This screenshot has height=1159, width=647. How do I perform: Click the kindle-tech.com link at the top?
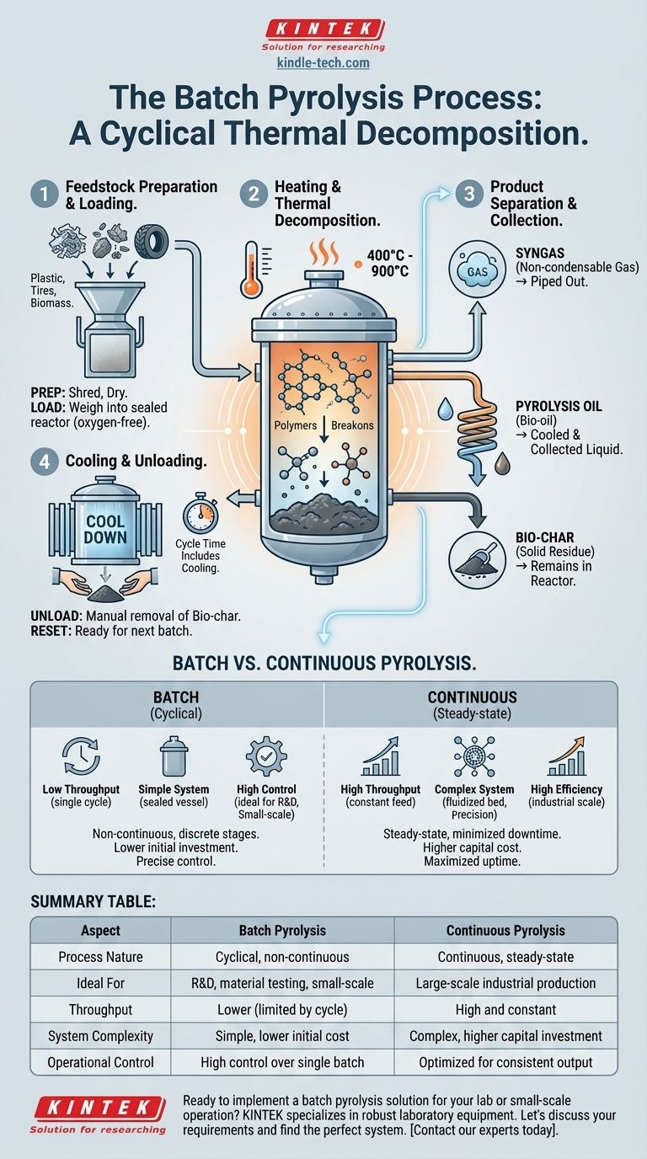pos(323,63)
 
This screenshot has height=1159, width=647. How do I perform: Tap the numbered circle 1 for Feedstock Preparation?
pos(45,194)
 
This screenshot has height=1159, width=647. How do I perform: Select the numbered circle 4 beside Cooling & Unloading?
pos(45,461)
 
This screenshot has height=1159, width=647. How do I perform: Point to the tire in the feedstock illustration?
pos(152,241)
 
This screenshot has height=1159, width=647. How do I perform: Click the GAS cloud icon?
pos(477,271)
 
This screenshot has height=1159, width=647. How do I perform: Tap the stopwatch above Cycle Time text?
pos(201,515)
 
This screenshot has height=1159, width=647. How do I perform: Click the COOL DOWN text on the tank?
pos(105,529)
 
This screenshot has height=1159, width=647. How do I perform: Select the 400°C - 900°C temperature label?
pos(390,264)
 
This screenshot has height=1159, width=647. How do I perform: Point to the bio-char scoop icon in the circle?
pos(477,559)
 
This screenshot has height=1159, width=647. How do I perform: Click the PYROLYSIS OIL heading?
pos(559,406)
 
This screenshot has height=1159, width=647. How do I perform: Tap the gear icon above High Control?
pos(266,756)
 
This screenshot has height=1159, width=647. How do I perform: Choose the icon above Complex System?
pos(474,756)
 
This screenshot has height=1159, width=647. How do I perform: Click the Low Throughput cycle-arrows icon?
pos(81,756)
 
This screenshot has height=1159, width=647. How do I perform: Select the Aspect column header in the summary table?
pos(100,930)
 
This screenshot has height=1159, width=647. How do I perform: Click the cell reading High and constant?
pos(505,1009)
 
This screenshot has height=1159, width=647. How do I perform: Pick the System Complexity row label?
pos(100,1036)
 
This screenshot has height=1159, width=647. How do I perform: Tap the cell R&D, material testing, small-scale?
pos(282,983)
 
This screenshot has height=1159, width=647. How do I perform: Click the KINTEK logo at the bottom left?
pos(99,1114)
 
